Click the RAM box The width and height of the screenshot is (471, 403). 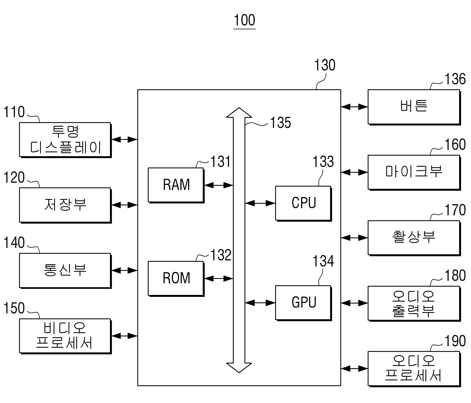(176, 185)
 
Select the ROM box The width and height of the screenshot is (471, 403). (176, 279)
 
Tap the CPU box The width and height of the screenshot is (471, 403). (303, 203)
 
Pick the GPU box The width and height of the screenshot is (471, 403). (303, 303)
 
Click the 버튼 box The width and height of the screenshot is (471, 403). (414, 107)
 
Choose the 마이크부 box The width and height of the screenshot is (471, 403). (414, 173)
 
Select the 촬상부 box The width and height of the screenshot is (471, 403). (414, 238)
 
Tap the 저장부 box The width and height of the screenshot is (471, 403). (65, 205)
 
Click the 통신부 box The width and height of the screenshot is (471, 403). (65, 271)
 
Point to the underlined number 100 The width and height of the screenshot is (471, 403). (244, 20)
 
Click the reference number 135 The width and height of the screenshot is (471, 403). (280, 123)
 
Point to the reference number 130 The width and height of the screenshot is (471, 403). (325, 65)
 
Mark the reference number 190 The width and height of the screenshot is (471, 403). (455, 341)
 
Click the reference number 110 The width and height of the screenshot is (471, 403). (14, 112)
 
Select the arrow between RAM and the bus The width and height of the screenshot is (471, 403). (219, 185)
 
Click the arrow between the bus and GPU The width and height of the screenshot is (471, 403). (260, 303)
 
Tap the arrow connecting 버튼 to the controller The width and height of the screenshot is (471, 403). (354, 107)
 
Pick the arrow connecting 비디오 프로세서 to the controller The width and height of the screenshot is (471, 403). (125, 336)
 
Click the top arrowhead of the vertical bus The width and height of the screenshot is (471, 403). (239, 112)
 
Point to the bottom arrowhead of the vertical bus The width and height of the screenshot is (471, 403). (239, 368)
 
